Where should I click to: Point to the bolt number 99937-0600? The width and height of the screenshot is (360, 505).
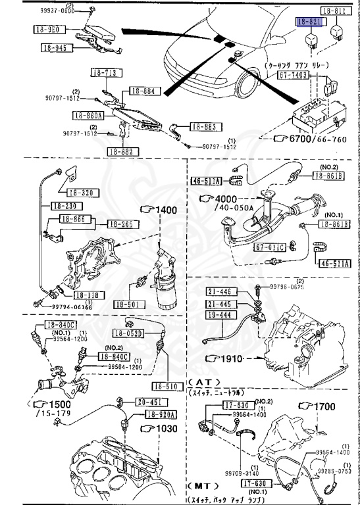tap(76, 11)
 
